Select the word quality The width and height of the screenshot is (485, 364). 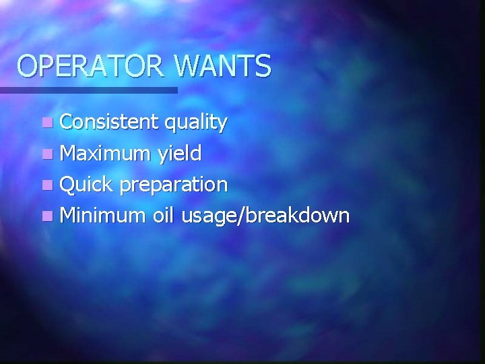click(x=195, y=123)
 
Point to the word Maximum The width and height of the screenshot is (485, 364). click(x=106, y=154)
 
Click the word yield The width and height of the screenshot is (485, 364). click(x=179, y=154)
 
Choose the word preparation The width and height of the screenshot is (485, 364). click(x=172, y=185)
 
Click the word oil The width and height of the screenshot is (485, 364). click(x=166, y=215)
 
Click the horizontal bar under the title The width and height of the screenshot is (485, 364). click(x=88, y=90)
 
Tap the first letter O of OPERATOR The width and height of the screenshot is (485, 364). click(x=28, y=67)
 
